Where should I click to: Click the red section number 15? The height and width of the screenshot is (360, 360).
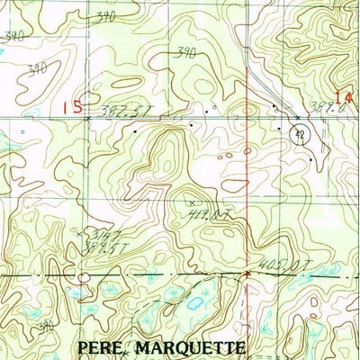pos(71,106)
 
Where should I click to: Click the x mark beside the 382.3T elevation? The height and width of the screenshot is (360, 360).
pos(87,118)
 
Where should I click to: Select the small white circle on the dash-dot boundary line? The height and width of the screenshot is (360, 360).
pos(83,277)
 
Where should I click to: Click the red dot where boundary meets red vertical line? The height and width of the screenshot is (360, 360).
pos(247,272)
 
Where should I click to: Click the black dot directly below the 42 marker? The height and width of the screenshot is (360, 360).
pos(310,159)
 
